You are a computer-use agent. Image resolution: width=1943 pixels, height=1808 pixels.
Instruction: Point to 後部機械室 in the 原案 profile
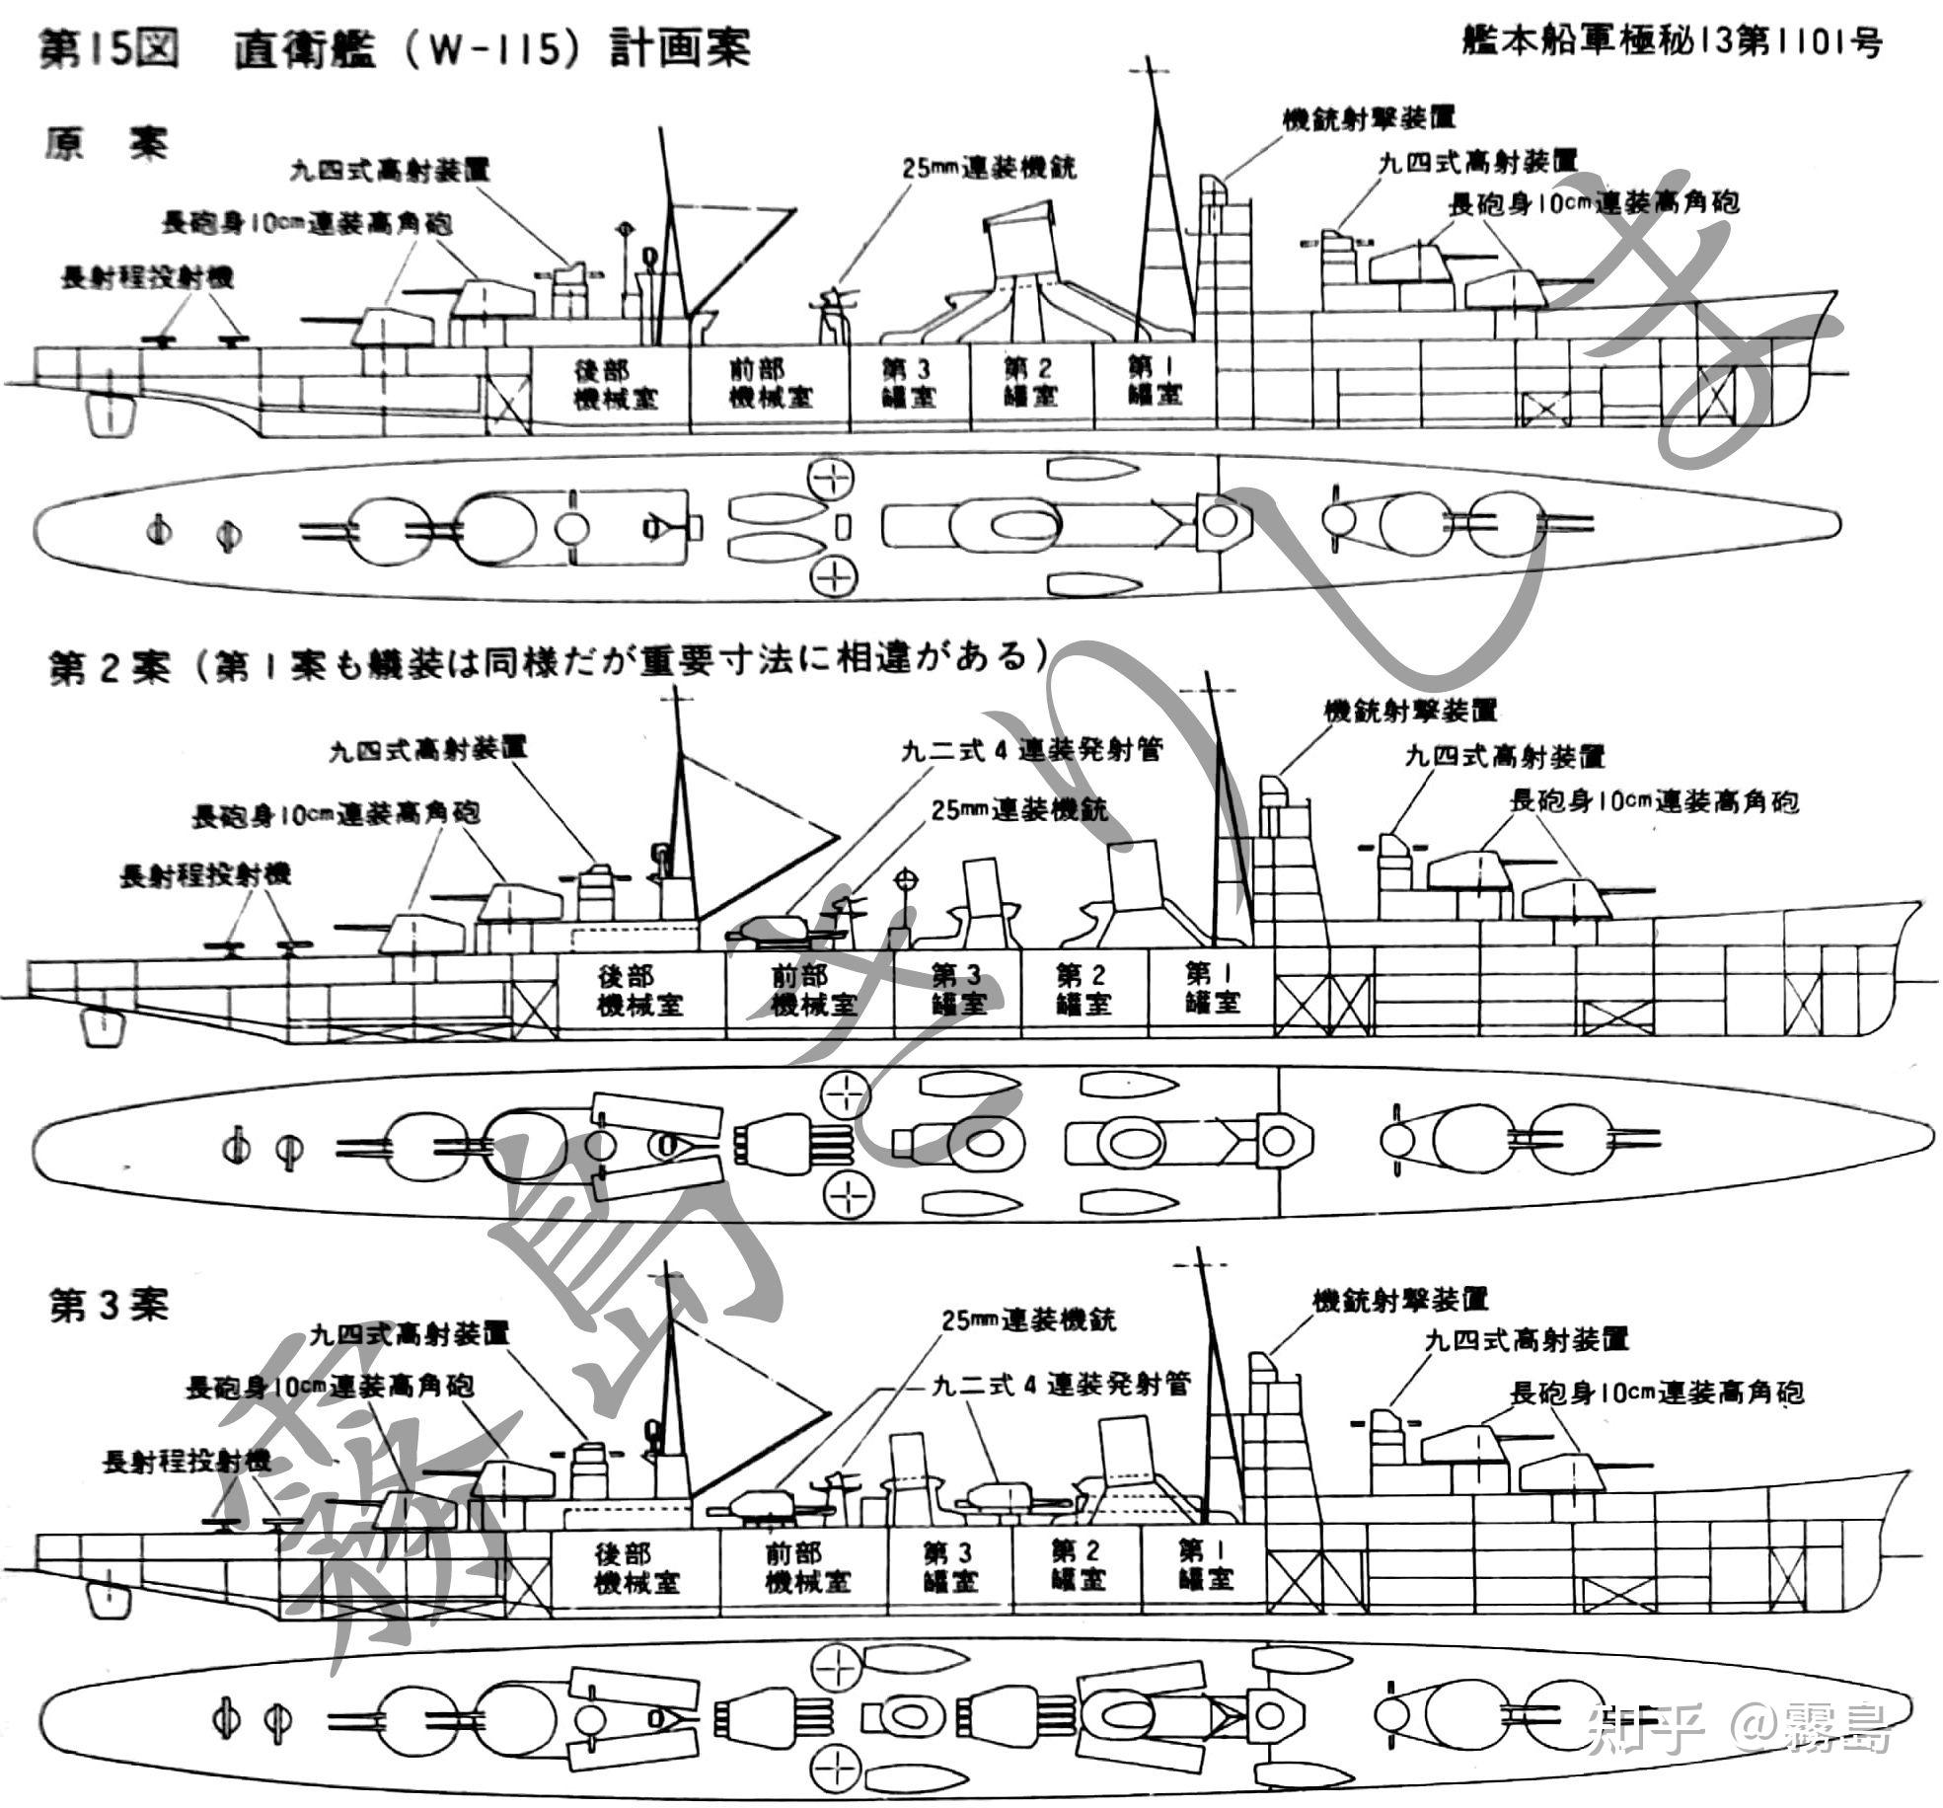pyautogui.click(x=615, y=384)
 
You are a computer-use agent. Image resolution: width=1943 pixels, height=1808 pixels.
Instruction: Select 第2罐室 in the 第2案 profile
pyautogui.click(x=1083, y=990)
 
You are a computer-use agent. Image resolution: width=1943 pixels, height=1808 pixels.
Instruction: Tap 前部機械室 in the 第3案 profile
pyautogui.click(x=806, y=1567)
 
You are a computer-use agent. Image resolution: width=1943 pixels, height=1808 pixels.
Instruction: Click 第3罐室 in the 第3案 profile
pyautogui.click(x=950, y=1567)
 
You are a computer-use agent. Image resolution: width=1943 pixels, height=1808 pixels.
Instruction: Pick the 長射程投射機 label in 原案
pyautogui.click(x=148, y=277)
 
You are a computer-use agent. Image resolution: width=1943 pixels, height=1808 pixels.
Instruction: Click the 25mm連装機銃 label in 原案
pyautogui.click(x=989, y=168)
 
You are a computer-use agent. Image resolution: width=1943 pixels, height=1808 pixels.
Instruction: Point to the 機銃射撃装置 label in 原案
pyautogui.click(x=1369, y=118)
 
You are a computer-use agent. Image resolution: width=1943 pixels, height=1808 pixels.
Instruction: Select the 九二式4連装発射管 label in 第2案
pyautogui.click(x=1031, y=749)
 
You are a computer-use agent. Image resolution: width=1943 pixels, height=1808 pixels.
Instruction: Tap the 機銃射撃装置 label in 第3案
pyautogui.click(x=1399, y=1300)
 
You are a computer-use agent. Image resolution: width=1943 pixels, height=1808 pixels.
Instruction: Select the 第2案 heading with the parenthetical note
pyautogui.click(x=548, y=661)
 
